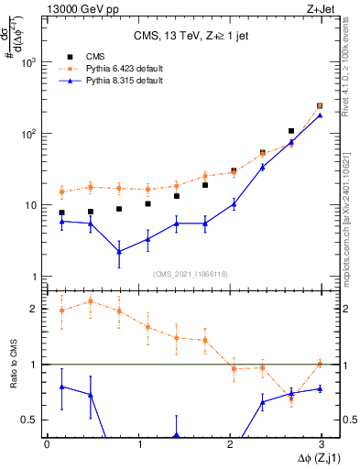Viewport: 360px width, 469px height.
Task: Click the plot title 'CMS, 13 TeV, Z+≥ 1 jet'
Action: coord(184,37)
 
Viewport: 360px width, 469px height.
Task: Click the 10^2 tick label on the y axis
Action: coord(27,134)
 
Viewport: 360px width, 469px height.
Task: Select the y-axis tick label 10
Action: coord(30,205)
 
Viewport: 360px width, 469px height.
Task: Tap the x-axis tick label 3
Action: coord(322,444)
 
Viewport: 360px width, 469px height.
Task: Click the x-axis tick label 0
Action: coord(47,444)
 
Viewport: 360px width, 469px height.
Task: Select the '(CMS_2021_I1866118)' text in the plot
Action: coord(184,273)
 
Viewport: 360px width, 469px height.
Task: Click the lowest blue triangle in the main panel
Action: coord(119,251)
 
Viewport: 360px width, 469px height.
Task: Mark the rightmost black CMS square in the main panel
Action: coord(320,106)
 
